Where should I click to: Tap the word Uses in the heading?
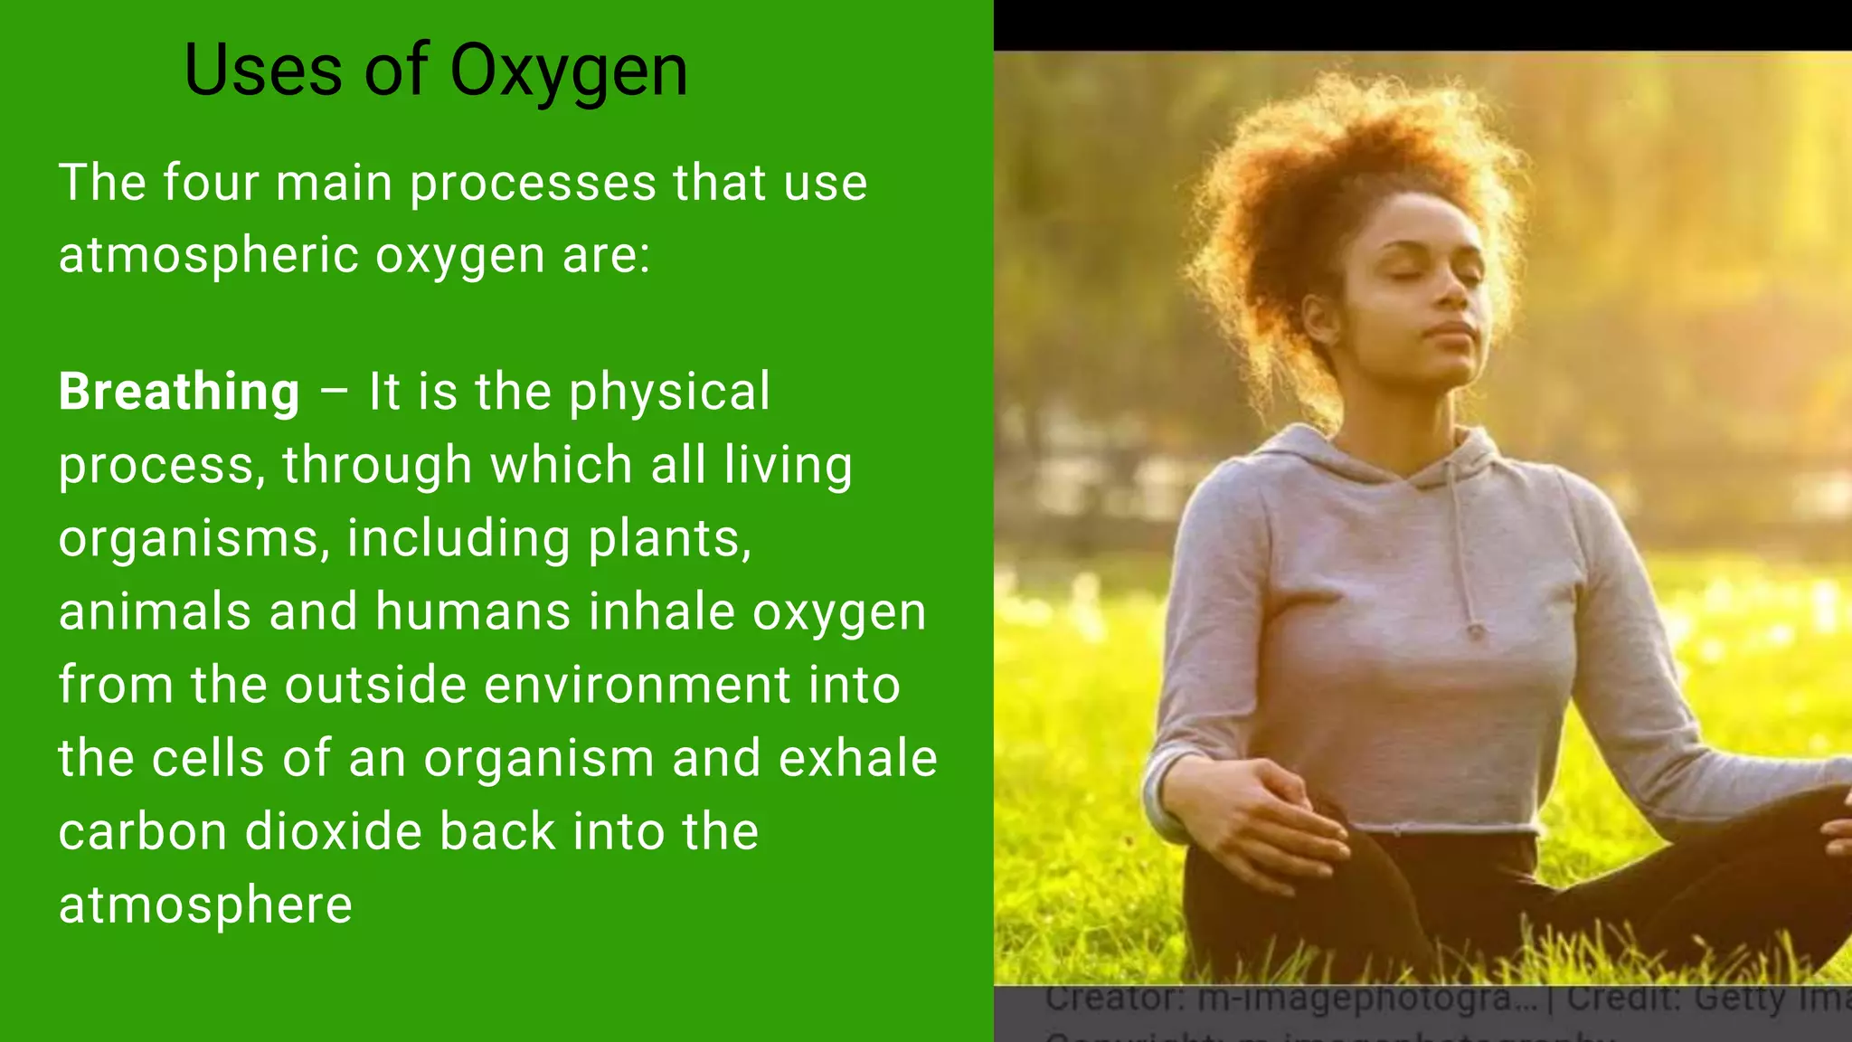coord(262,71)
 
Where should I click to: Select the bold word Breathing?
coord(179,393)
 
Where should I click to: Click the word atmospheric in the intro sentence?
coord(210,256)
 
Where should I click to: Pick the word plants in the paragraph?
coord(669,539)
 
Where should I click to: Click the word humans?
coord(473,611)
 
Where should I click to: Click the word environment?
coord(637,685)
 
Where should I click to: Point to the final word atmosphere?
coord(205,905)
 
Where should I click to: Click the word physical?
coord(668,393)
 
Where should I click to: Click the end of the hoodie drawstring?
coord(1475,630)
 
